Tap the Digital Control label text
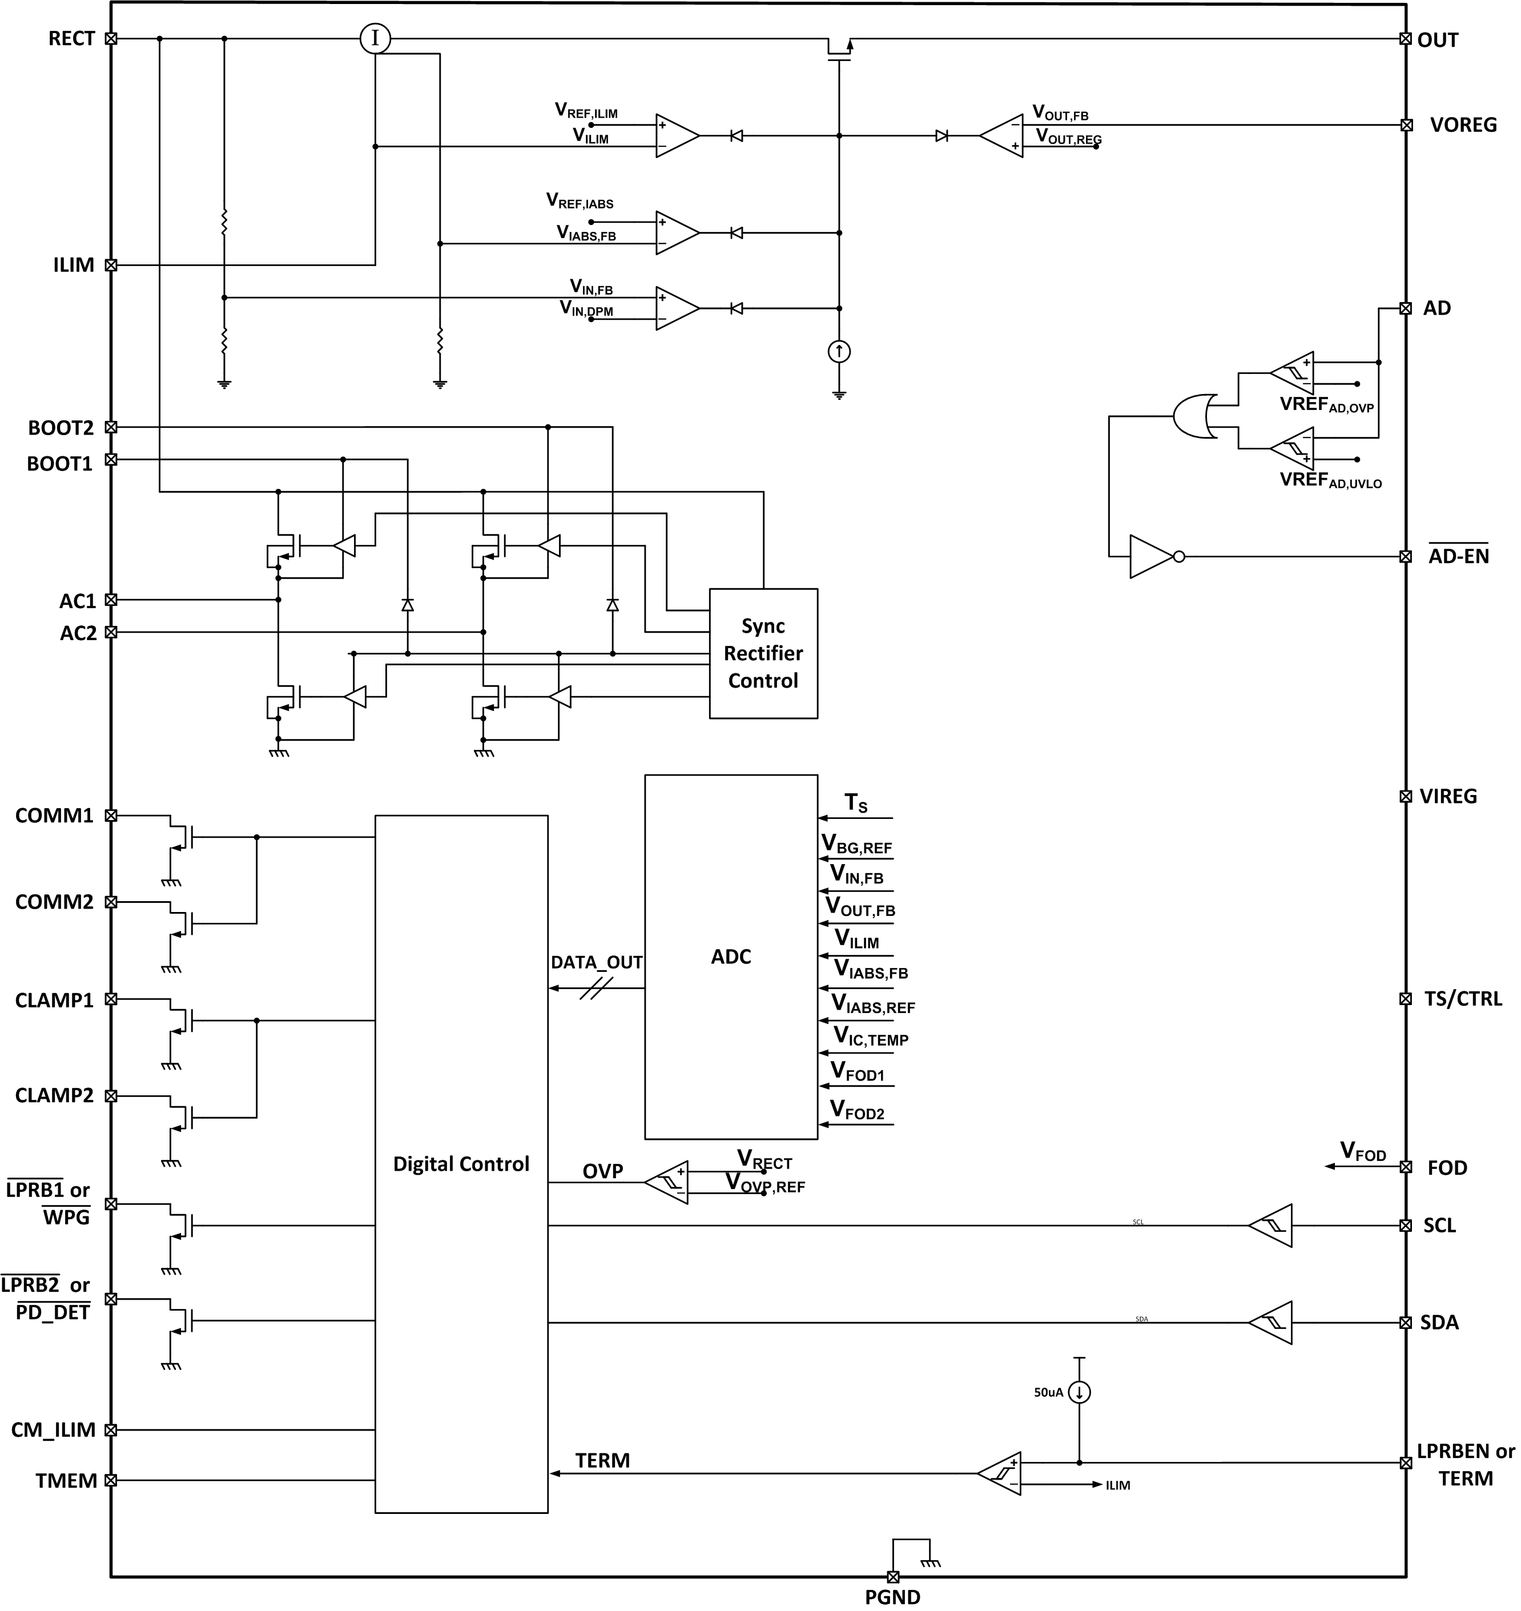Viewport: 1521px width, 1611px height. (x=461, y=1164)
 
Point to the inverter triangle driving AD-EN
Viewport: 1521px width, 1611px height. (x=1151, y=557)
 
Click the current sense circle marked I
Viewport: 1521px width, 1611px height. (x=375, y=38)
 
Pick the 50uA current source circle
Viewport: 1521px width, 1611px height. (x=1079, y=1393)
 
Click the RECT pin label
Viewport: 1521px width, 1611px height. (x=71, y=39)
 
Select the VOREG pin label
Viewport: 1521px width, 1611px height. (x=1463, y=125)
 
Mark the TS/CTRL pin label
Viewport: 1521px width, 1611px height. (x=1463, y=999)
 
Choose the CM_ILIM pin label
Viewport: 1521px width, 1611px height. (x=54, y=1430)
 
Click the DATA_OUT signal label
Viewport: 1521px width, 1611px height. (x=597, y=962)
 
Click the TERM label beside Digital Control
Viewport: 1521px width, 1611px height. (x=602, y=1461)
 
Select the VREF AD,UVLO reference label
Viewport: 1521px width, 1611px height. (x=1330, y=480)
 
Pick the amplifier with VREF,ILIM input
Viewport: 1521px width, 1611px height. (x=677, y=135)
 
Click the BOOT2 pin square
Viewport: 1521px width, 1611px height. (x=111, y=427)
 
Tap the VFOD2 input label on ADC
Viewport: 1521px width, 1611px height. (x=857, y=1111)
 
